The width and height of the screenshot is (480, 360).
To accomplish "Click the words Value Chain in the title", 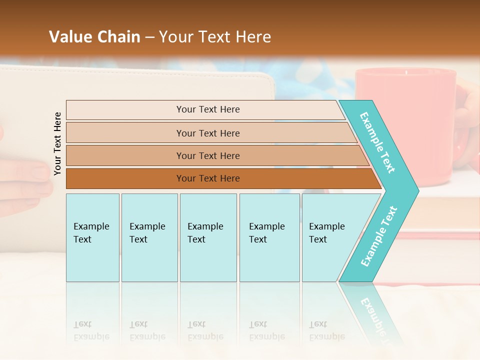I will coord(94,36).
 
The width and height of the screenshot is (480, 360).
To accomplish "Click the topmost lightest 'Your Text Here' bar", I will coord(207,109).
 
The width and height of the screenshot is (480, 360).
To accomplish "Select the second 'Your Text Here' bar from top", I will coord(207,133).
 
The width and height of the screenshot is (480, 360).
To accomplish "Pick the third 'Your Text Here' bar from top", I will coord(207,155).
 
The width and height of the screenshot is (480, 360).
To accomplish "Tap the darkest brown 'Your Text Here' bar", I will coord(207,178).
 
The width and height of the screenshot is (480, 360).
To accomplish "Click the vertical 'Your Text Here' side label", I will coord(57,143).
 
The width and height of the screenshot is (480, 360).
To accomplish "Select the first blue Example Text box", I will coord(92,237).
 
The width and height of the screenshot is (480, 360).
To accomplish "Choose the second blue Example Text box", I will coord(149,237).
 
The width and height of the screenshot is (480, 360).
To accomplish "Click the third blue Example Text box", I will coord(208,237).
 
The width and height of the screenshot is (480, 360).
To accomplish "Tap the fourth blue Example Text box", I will coord(269,237).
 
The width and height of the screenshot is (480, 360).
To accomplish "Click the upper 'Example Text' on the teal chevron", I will coord(377,142).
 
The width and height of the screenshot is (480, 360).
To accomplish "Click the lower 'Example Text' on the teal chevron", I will coord(379,236).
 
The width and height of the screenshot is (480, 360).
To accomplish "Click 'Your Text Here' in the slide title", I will coord(215,36).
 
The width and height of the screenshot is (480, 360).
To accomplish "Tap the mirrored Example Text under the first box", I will coord(91,330).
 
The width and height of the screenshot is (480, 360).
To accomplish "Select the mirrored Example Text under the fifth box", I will coord(326,330).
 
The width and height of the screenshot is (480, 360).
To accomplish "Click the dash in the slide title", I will coord(149,37).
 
